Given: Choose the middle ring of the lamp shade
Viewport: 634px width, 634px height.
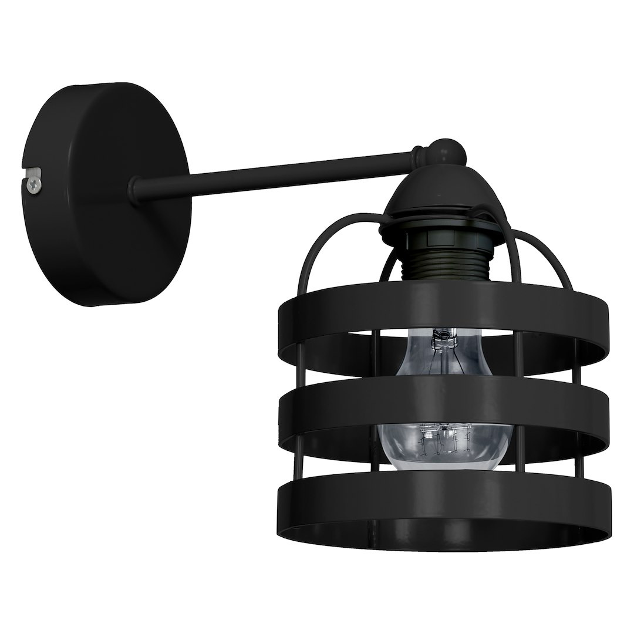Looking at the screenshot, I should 440,414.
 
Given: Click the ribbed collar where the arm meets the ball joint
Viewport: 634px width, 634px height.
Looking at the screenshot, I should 418,157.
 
